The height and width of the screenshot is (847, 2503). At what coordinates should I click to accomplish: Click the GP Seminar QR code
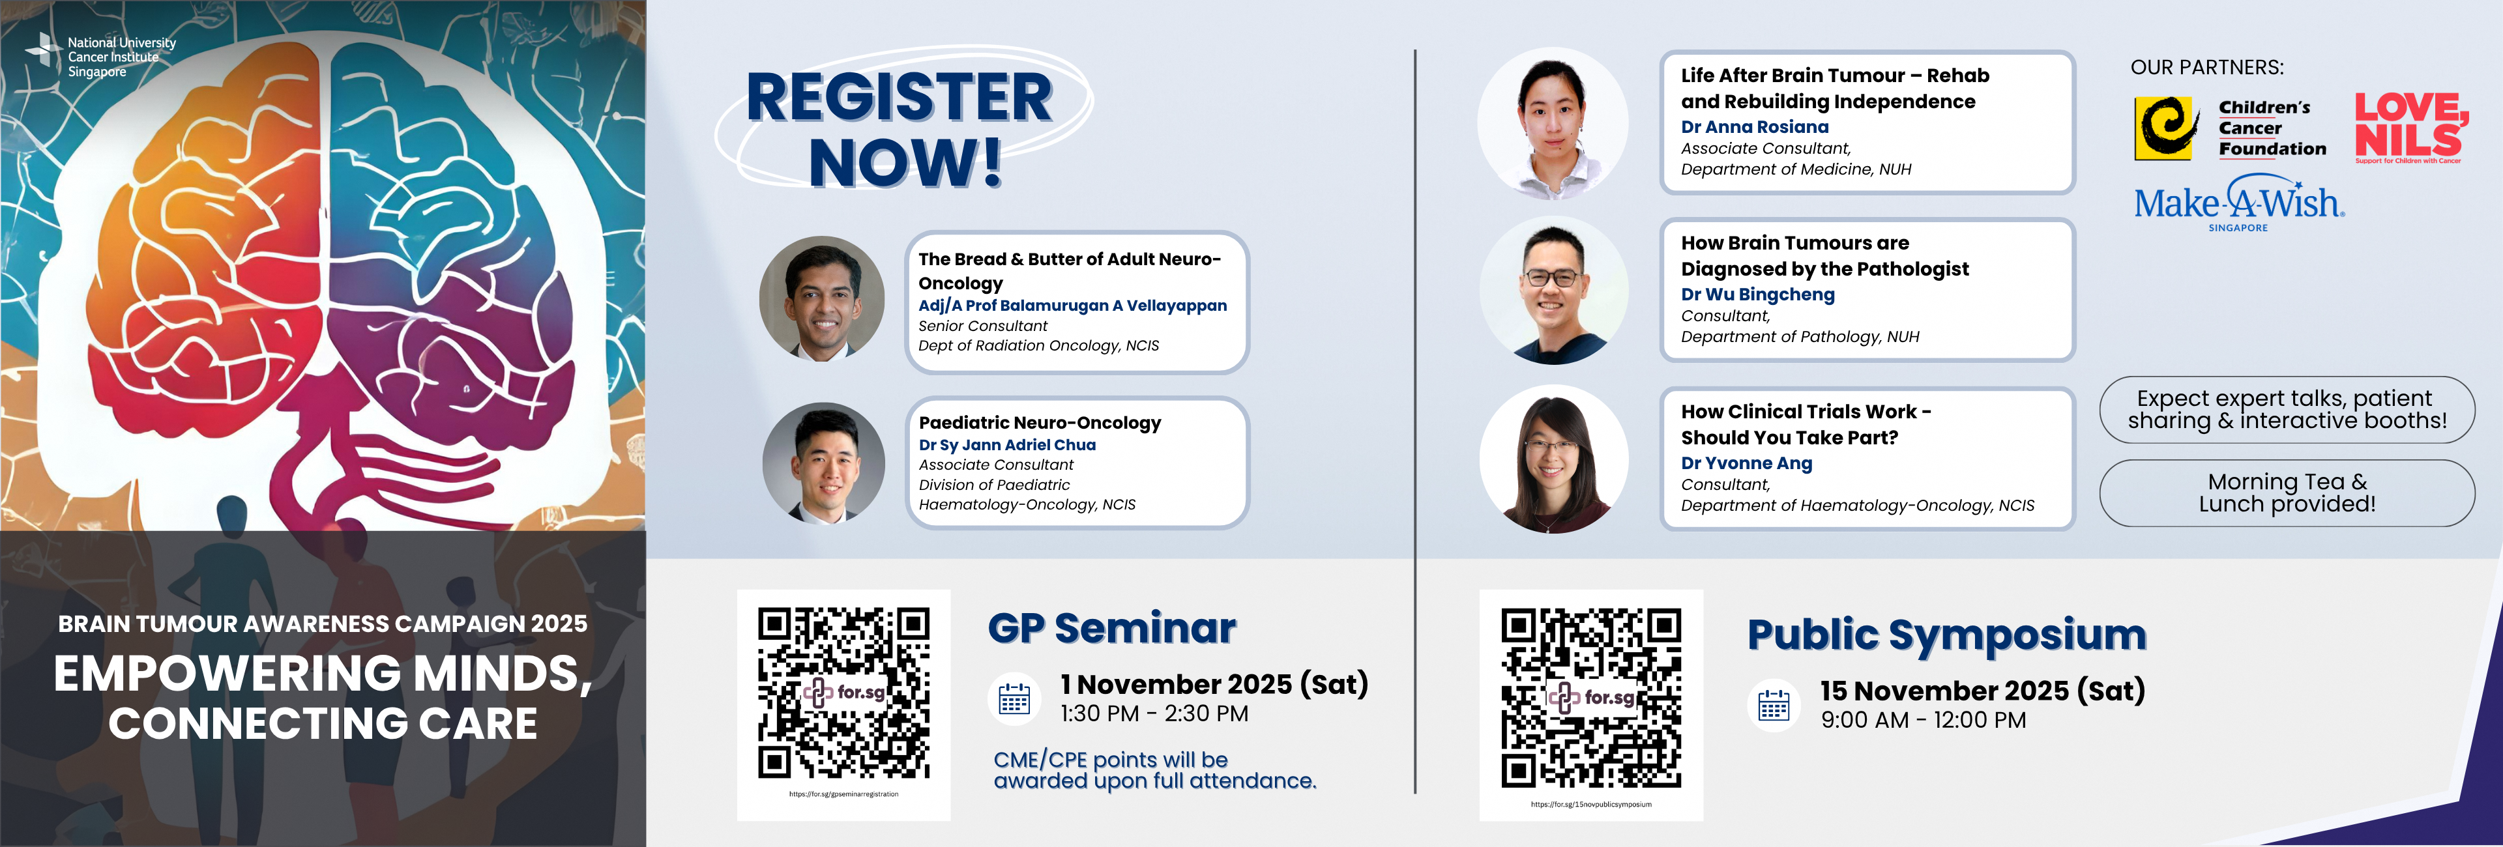(x=843, y=693)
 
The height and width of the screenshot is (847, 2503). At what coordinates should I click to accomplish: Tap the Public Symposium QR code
(x=1590, y=697)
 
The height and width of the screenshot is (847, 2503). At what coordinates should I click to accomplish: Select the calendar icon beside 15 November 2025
(x=1773, y=704)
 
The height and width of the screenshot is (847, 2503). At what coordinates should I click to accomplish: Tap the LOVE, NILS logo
(x=2410, y=127)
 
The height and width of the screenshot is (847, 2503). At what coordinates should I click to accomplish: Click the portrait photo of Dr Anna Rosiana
(x=1553, y=123)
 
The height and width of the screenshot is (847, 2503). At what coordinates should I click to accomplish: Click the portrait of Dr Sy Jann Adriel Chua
(x=824, y=463)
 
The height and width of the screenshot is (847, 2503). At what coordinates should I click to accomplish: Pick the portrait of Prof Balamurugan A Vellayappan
(x=822, y=298)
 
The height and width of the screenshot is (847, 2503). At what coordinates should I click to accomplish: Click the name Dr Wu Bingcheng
(x=1758, y=294)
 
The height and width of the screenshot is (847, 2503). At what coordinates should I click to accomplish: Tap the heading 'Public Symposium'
(x=1946, y=635)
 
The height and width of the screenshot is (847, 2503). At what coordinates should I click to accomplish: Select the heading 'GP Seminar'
(x=1111, y=629)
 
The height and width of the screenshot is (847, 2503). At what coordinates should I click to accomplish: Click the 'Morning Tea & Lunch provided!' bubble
(x=2287, y=493)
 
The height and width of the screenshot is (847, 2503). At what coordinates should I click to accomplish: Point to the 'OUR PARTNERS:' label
(x=2206, y=68)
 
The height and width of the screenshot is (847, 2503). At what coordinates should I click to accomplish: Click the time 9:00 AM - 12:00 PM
(x=1923, y=721)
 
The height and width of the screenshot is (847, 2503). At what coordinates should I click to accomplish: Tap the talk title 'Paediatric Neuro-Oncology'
(x=1040, y=423)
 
